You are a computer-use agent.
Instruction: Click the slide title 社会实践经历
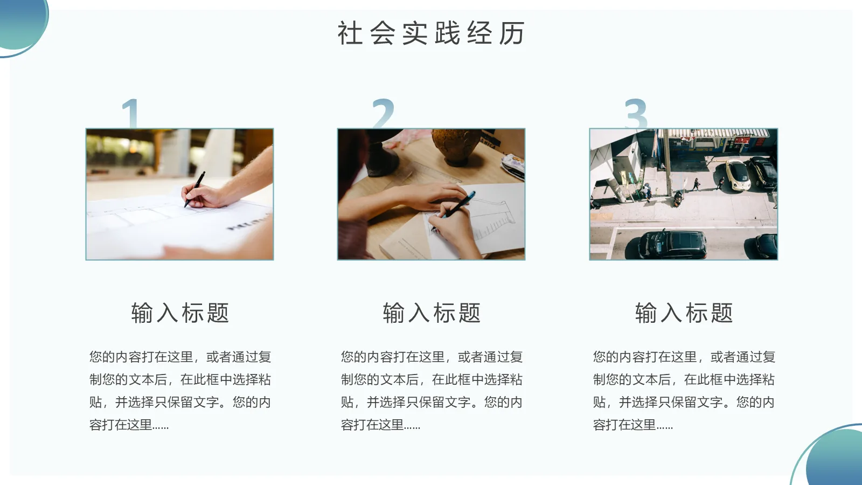431,33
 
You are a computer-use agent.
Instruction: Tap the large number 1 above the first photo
131,113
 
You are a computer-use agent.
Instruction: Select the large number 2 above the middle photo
383,113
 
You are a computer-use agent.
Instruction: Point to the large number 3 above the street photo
636,113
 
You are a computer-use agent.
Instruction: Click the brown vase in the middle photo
456,145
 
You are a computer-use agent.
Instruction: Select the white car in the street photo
737,174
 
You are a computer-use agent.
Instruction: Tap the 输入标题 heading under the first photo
180,313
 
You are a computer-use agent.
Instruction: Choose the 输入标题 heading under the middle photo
432,313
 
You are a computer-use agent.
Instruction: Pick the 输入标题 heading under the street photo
684,313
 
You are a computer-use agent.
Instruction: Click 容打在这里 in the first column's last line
121,425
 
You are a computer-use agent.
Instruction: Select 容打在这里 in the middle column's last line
373,425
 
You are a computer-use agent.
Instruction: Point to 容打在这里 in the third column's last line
625,425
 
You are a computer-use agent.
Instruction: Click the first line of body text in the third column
684,357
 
